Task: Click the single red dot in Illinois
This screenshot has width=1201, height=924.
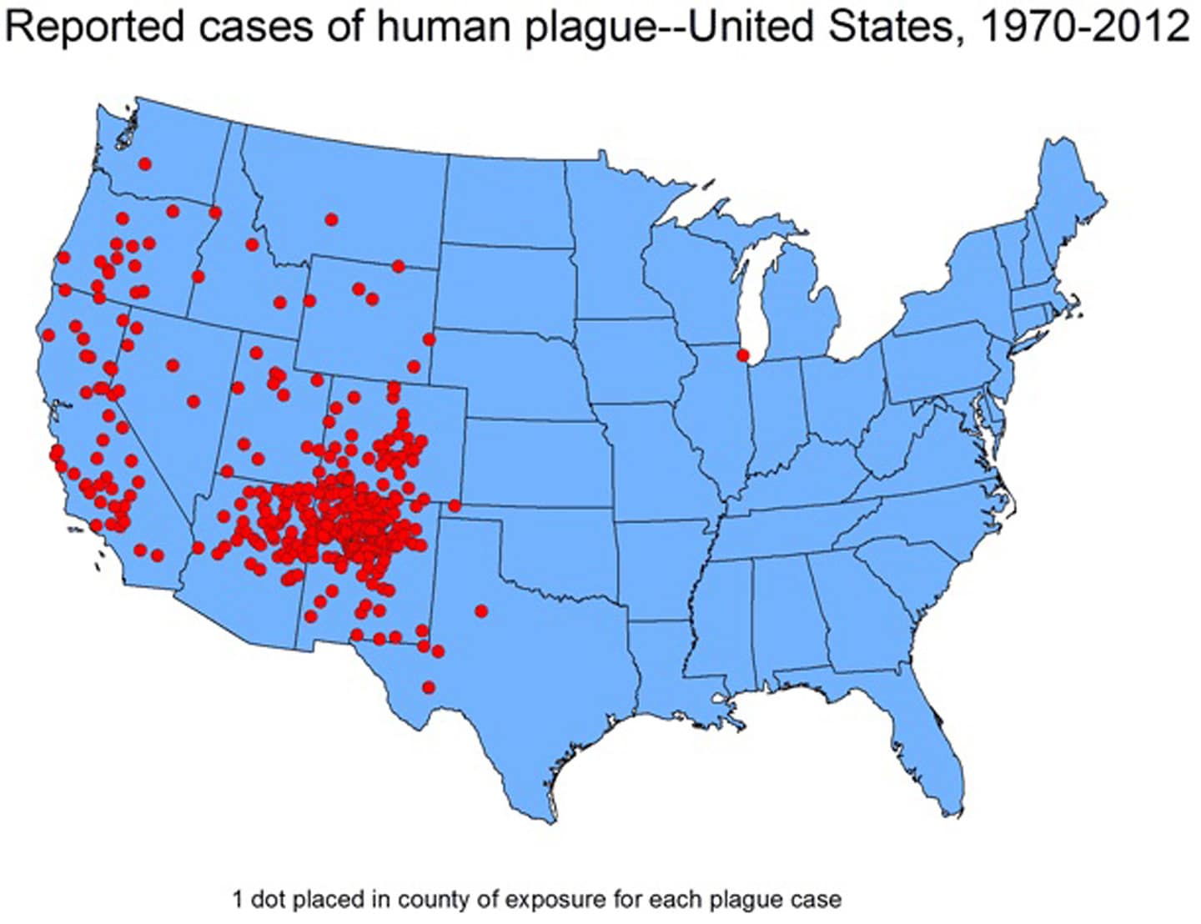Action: pyautogui.click(x=743, y=355)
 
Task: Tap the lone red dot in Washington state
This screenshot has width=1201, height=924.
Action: pyautogui.click(x=145, y=163)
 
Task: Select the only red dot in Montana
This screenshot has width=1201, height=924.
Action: pyautogui.click(x=331, y=219)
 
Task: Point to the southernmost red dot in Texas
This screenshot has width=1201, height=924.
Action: pyautogui.click(x=429, y=687)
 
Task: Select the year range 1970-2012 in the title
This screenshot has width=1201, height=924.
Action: pyautogui.click(x=1083, y=27)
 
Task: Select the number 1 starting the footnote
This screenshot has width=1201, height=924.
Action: pyautogui.click(x=237, y=901)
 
